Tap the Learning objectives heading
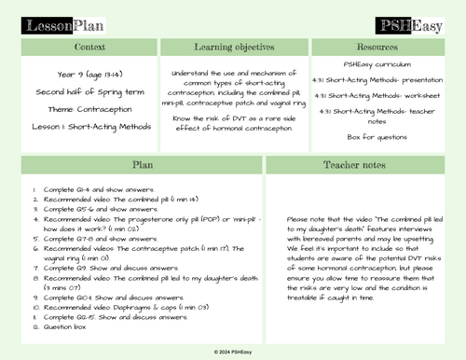tap(233, 46)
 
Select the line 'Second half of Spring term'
tap(81, 92)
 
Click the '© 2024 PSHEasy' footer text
tap(232, 351)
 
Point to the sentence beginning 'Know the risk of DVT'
tap(233, 120)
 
